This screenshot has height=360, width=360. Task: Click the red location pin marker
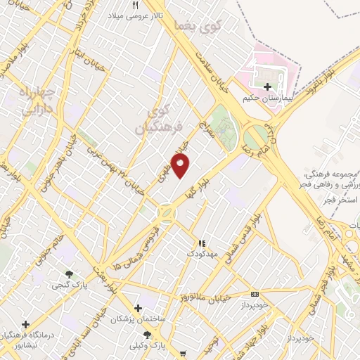click(x=181, y=166)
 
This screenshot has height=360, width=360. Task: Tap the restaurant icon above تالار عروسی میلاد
click(x=136, y=5)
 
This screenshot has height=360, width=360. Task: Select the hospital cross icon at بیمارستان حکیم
click(x=266, y=86)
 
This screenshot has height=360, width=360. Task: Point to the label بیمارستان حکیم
click(x=266, y=98)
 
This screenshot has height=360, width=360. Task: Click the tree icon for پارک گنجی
click(x=68, y=274)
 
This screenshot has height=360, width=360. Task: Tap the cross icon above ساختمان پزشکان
click(x=138, y=308)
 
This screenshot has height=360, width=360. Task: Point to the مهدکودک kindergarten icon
click(x=203, y=243)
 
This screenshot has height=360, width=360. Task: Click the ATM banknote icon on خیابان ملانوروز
click(x=255, y=294)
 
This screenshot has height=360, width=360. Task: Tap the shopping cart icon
click(x=183, y=354)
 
